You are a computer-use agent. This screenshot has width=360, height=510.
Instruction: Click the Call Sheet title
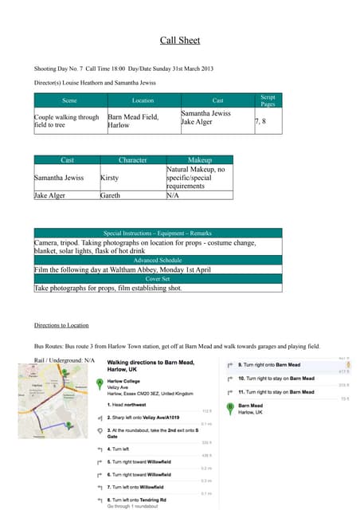point(180,41)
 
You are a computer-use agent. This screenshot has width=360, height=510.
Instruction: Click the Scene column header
point(69,100)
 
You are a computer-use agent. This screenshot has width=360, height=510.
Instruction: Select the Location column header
point(143,100)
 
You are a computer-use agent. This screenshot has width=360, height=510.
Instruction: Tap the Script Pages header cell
point(268,100)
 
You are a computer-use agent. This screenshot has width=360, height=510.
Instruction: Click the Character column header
point(132,160)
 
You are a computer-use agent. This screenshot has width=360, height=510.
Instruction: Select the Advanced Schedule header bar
point(157,260)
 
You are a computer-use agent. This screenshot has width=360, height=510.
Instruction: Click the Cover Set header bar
point(157,279)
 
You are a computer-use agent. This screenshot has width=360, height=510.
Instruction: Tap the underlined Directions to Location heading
point(61,325)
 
